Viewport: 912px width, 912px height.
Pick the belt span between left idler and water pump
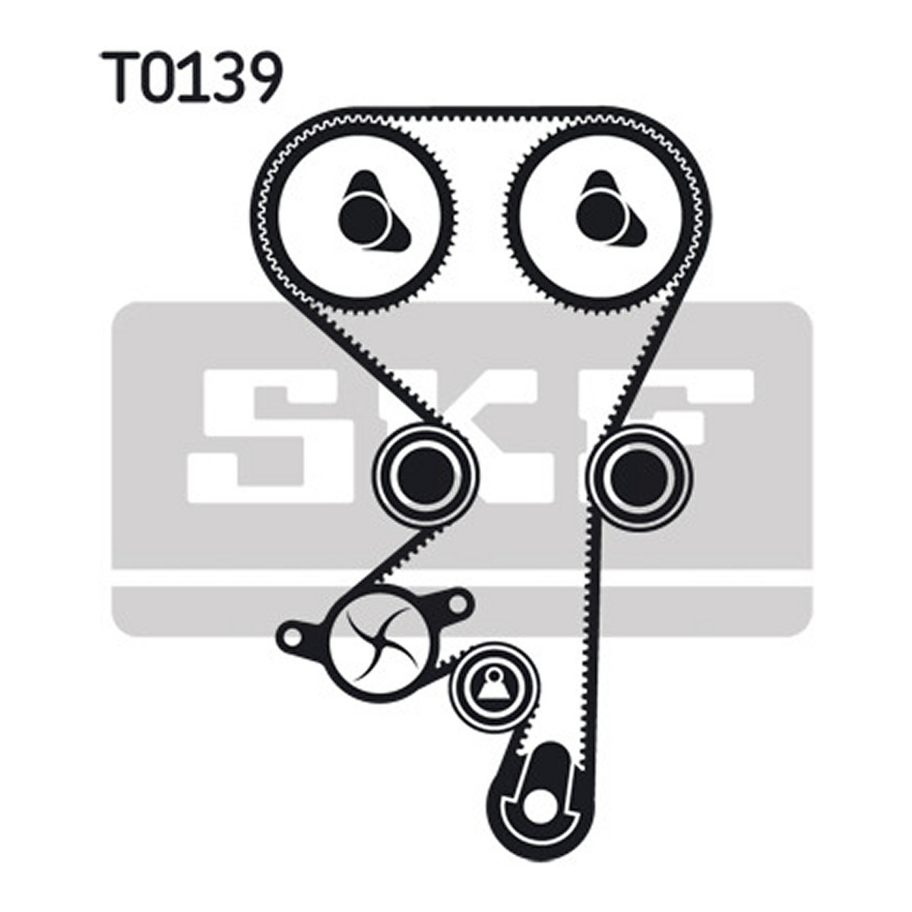coord(393,559)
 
